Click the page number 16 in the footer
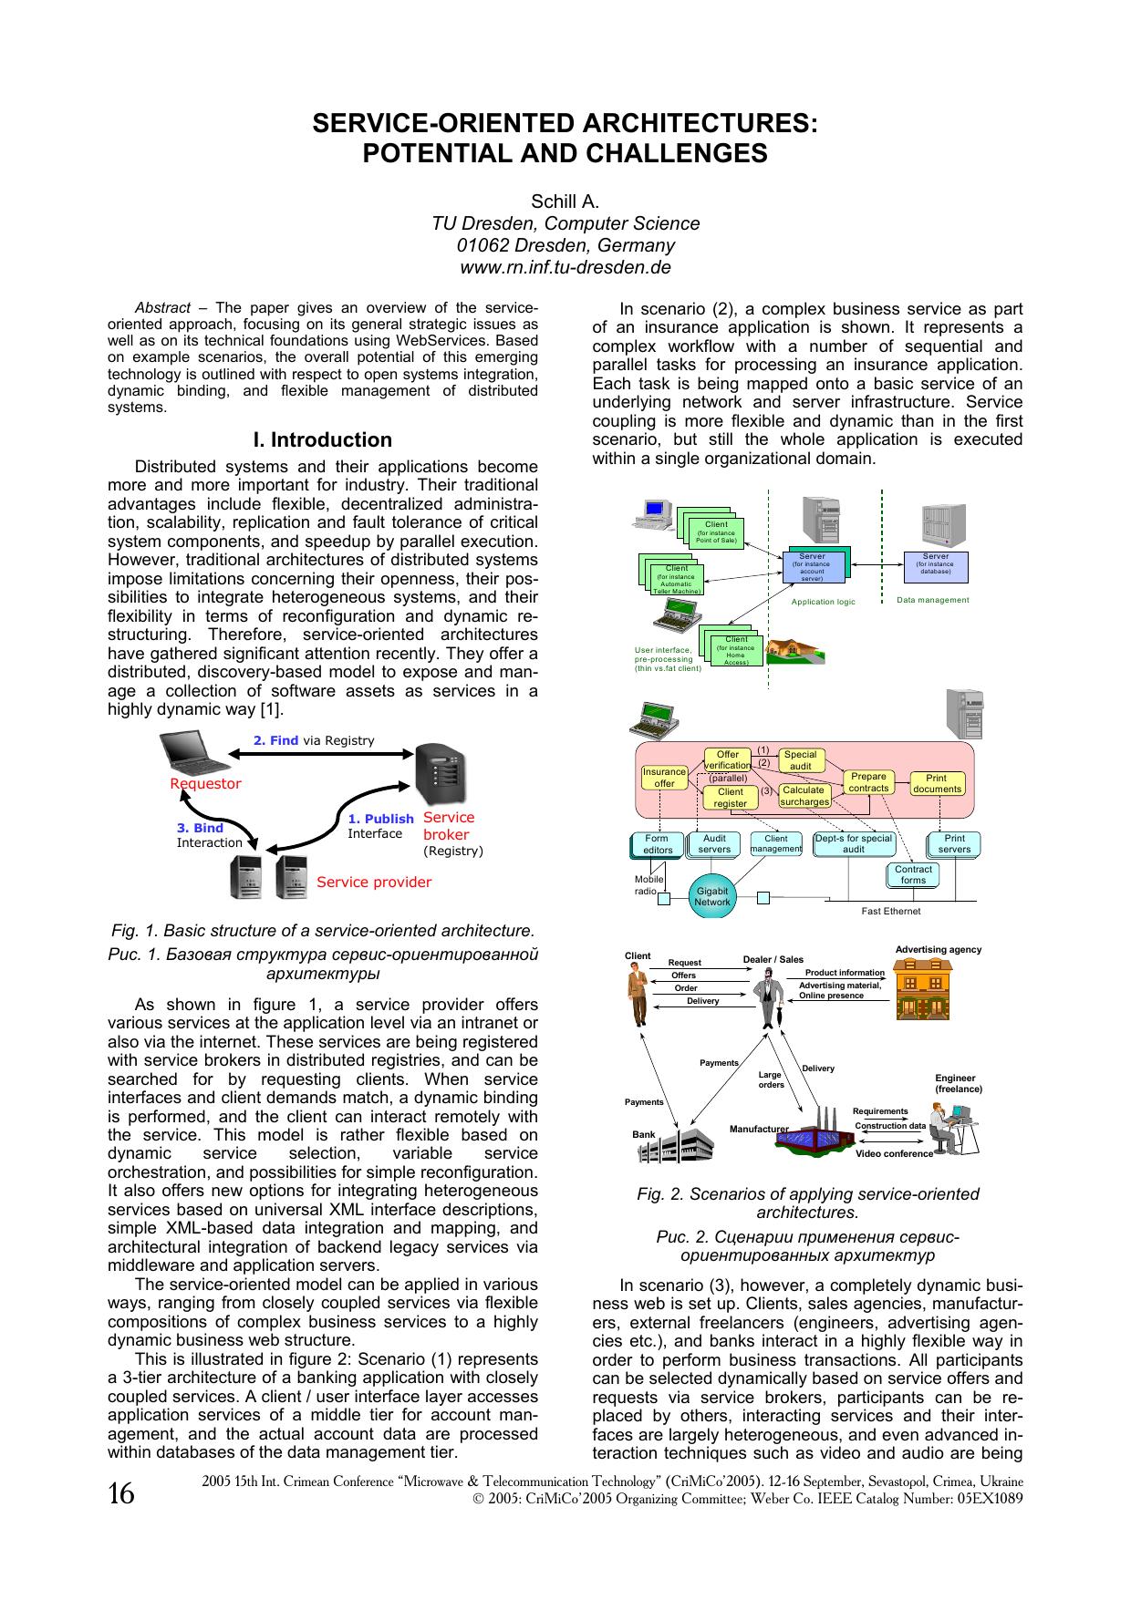(x=121, y=1494)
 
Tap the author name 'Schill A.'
(x=565, y=202)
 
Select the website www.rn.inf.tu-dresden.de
(x=565, y=268)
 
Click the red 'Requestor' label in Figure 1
(x=206, y=784)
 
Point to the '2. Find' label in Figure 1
(x=276, y=740)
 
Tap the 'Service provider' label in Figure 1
(x=374, y=883)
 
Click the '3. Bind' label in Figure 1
(x=200, y=828)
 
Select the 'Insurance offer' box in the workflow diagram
(x=664, y=778)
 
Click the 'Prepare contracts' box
(x=868, y=782)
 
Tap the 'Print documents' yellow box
(x=937, y=784)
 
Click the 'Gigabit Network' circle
(x=712, y=896)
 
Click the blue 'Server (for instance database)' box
(x=935, y=566)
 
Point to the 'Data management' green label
(x=932, y=600)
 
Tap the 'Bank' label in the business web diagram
(x=644, y=1135)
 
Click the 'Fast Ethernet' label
(x=890, y=911)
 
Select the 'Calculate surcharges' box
(x=804, y=796)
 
